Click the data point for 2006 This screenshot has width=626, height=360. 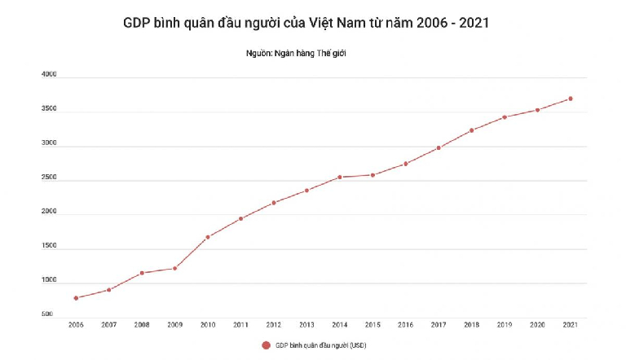[76, 298]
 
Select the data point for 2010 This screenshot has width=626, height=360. [208, 237]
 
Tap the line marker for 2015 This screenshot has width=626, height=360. [373, 175]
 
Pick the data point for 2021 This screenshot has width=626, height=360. [571, 99]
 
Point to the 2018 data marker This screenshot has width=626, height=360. [472, 130]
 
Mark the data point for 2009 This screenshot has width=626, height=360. [174, 268]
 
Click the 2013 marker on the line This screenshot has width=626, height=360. [306, 191]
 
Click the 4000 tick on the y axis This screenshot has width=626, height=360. [49, 75]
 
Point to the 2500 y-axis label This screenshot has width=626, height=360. [49, 178]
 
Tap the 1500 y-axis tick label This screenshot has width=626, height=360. [49, 246]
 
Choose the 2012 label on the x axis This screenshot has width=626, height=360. [274, 325]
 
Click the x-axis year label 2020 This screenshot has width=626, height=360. [537, 325]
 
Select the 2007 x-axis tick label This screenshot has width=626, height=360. [108, 325]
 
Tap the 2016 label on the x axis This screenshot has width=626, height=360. [406, 325]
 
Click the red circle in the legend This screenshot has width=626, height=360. [266, 345]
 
